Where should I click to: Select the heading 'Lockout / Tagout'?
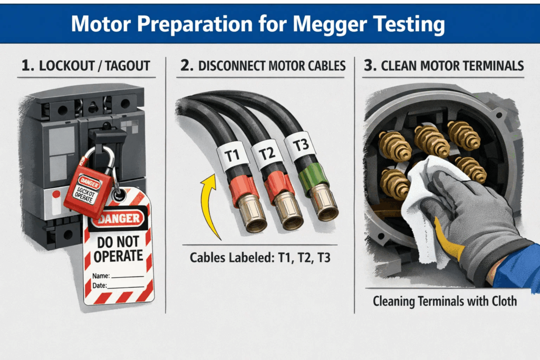point(86,66)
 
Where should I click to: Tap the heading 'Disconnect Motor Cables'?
point(262,66)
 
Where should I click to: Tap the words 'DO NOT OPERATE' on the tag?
point(118,248)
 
